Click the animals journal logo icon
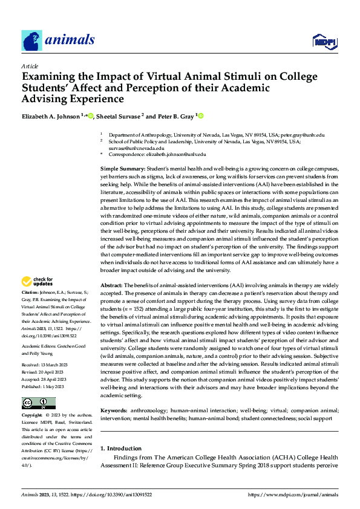tap(31, 40)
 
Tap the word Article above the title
tap(29, 65)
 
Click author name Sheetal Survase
tap(118, 116)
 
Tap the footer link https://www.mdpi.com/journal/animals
tap(294, 494)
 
